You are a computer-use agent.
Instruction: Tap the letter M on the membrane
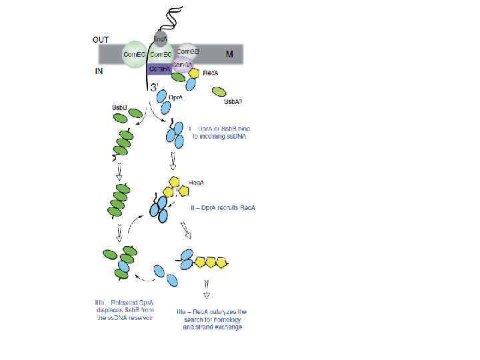[x=229, y=55]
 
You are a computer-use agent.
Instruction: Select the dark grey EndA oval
[x=161, y=37]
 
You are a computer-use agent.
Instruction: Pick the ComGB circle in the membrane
[x=189, y=51]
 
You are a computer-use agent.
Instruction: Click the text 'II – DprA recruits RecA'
[x=223, y=208]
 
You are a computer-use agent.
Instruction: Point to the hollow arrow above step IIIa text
[x=207, y=294]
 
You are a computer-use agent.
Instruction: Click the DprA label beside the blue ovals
[x=177, y=97]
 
